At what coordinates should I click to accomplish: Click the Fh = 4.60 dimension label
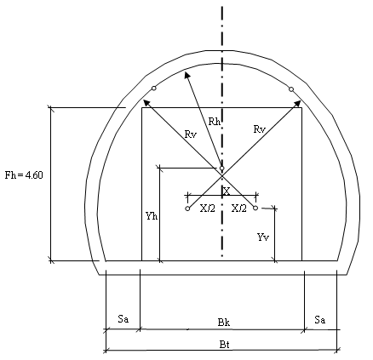coord(24,175)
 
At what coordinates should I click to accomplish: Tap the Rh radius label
coord(215,122)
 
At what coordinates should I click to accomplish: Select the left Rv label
coord(191,134)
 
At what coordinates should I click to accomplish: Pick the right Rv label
coord(260,129)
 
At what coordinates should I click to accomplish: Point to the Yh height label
coord(152,216)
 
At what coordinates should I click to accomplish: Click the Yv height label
coord(263,237)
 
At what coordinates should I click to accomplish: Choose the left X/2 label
coord(208,209)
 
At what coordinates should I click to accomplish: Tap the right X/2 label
coord(239,209)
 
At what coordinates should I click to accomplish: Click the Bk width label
coord(224,323)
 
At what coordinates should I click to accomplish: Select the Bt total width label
coord(224,345)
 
